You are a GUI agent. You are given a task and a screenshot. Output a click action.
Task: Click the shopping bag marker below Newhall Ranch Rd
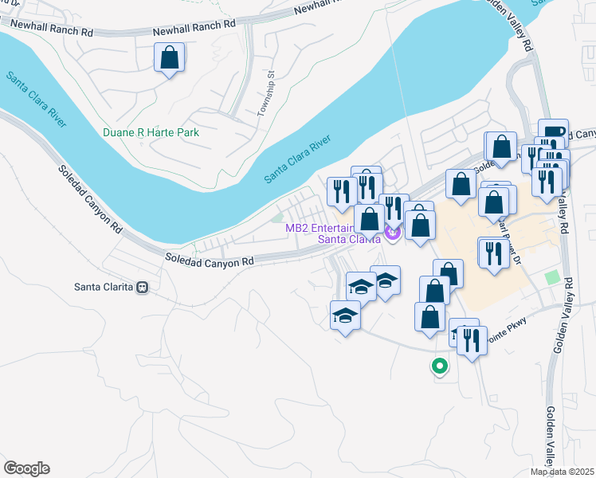pyautogui.click(x=170, y=57)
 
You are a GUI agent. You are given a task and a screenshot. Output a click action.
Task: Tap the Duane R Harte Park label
pyautogui.click(x=151, y=132)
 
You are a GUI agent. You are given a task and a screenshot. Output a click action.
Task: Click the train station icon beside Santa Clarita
pyautogui.click(x=143, y=288)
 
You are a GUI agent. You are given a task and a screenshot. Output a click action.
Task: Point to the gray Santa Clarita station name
pyautogui.click(x=103, y=288)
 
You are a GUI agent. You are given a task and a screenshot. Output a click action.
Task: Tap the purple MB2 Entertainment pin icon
pyautogui.click(x=391, y=232)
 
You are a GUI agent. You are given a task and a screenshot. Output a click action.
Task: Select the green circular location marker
pyautogui.click(x=438, y=366)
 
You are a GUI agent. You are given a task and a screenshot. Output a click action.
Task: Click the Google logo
pyautogui.click(x=26, y=468)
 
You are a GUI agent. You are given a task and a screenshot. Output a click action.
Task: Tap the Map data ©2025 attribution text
pyautogui.click(x=561, y=472)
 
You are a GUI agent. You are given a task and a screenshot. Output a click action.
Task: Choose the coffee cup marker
pyautogui.click(x=553, y=132)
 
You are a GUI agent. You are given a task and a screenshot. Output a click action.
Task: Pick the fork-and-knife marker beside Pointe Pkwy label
pyautogui.click(x=472, y=341)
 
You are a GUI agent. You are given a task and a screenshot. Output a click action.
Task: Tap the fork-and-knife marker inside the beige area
pyautogui.click(x=494, y=253)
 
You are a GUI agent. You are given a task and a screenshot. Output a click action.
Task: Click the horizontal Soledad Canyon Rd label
pyautogui.click(x=209, y=260)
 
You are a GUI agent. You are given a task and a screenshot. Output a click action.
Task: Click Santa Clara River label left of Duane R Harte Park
pyautogui.click(x=37, y=100)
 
